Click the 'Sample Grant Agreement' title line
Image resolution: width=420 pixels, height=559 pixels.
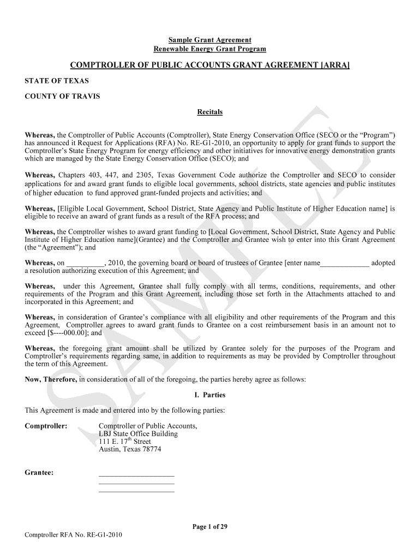coord(209,40)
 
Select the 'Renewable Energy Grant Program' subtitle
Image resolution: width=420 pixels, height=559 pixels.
coord(209,49)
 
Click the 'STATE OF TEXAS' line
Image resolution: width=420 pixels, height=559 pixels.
coord(57,81)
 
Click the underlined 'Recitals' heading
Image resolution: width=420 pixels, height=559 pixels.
coord(209,112)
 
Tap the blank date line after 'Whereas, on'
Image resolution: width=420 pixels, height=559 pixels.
coord(85,263)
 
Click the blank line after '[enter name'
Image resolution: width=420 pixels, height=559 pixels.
coord(344,263)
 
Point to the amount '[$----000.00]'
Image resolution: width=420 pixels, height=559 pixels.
coord(68,332)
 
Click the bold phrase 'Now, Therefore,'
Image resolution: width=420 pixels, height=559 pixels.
coord(51,379)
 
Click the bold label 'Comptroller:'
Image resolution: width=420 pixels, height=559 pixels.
coord(46,426)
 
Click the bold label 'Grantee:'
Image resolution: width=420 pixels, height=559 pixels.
coord(39,473)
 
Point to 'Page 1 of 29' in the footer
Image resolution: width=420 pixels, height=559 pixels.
coord(209,527)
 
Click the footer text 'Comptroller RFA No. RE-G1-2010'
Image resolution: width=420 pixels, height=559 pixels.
coord(74,534)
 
